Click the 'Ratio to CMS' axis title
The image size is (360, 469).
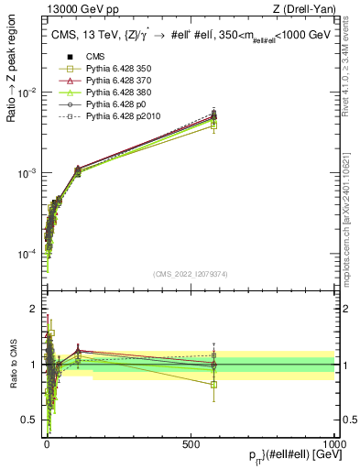[x=12, y=365]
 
